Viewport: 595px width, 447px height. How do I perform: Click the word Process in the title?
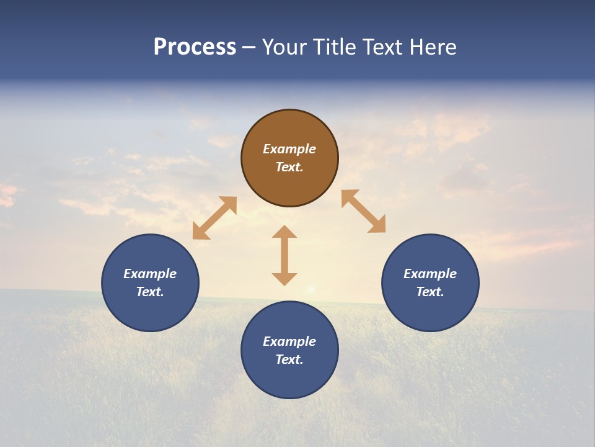(x=195, y=47)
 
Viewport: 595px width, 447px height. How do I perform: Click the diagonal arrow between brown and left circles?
(x=214, y=218)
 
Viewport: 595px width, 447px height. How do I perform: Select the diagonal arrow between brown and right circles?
(x=364, y=211)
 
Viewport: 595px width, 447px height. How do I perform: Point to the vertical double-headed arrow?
(x=284, y=255)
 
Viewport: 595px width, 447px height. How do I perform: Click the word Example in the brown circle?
(x=289, y=149)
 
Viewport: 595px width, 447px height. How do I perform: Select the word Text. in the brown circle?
(x=289, y=167)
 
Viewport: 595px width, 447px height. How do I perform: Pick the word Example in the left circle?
(x=150, y=274)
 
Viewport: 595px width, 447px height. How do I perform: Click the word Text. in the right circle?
(x=430, y=292)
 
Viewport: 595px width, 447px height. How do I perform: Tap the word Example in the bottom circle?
(x=289, y=341)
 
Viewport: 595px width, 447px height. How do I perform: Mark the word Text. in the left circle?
(x=150, y=292)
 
